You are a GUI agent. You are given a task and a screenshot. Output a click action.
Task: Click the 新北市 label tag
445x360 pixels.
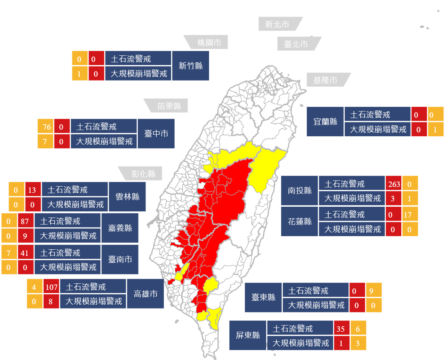pyautogui.click(x=277, y=24)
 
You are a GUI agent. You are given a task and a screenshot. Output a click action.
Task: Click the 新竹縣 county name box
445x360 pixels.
pyautogui.click(x=191, y=65)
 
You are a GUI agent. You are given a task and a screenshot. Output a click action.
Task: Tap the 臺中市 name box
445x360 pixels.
pyautogui.click(x=156, y=134)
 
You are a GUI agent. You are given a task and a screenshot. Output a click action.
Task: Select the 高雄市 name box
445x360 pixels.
pyautogui.click(x=145, y=294)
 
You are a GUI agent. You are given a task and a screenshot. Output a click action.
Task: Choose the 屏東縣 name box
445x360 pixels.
pyautogui.click(x=248, y=335)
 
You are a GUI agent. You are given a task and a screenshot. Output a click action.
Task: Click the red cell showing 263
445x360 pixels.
pyautogui.click(x=394, y=183)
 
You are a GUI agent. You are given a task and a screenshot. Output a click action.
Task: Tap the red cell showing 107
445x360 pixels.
pyautogui.click(x=51, y=287)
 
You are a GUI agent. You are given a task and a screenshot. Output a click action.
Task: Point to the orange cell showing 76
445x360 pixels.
pyautogui.click(x=45, y=127)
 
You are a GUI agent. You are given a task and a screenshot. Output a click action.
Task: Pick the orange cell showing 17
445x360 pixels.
pyautogui.click(x=410, y=214)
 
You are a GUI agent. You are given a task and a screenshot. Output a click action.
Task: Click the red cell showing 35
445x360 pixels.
pyautogui.click(x=341, y=329)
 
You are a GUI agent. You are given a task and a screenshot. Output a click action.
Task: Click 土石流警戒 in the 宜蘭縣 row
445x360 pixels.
pyautogui.click(x=377, y=115)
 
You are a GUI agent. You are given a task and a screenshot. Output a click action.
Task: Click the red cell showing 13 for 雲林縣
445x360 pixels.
pyautogui.click(x=33, y=190)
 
